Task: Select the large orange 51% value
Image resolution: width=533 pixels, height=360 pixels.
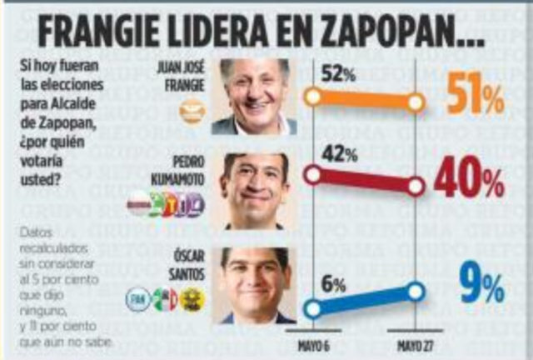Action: pyautogui.click(x=476, y=97)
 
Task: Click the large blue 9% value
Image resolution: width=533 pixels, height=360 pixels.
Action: pyautogui.click(x=483, y=287)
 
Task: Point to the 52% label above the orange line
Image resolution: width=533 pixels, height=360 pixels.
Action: pyautogui.click(x=338, y=74)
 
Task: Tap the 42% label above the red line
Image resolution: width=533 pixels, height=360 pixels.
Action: pyautogui.click(x=338, y=155)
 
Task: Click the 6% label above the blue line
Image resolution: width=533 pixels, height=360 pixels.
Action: pyautogui.click(x=333, y=284)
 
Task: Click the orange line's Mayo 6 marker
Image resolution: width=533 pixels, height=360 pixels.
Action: pyautogui.click(x=313, y=96)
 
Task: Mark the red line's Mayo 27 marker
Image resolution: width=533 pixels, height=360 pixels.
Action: pyautogui.click(x=416, y=187)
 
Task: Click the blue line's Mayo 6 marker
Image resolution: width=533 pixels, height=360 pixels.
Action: pyautogui.click(x=313, y=309)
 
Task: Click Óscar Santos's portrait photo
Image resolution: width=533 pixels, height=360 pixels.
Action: pyautogui.click(x=256, y=284)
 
